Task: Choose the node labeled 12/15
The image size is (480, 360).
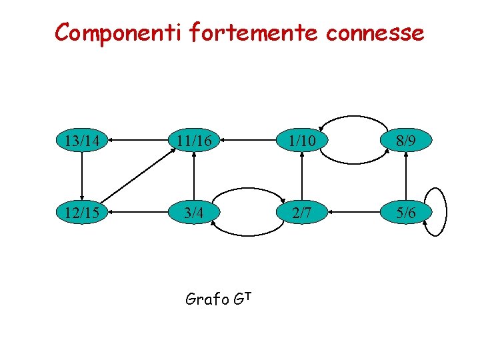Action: [81, 212]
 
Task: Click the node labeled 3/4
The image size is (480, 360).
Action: [193, 212]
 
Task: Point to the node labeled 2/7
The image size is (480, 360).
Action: [302, 212]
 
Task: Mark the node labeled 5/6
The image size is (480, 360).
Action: [406, 212]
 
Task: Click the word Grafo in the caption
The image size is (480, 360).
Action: [206, 299]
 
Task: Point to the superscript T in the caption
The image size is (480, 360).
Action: [245, 294]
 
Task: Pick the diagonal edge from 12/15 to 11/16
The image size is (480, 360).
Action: [137, 177]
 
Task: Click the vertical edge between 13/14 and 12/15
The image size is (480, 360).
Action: [81, 176]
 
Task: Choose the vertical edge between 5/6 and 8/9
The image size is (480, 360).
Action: [406, 176]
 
